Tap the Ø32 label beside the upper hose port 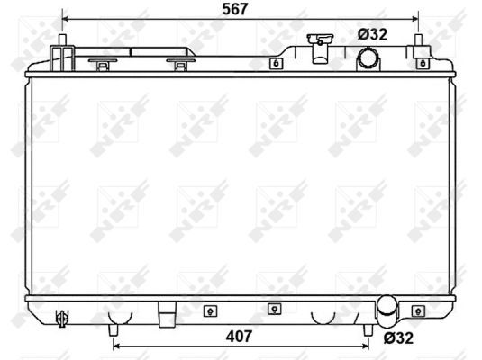coord(372,34)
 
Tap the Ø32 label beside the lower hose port coord(398,338)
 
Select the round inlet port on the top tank coord(369,59)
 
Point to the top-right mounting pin coord(418,43)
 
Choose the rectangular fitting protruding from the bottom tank coord(166,317)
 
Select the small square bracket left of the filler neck coord(275,64)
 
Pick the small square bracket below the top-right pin coord(419,64)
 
